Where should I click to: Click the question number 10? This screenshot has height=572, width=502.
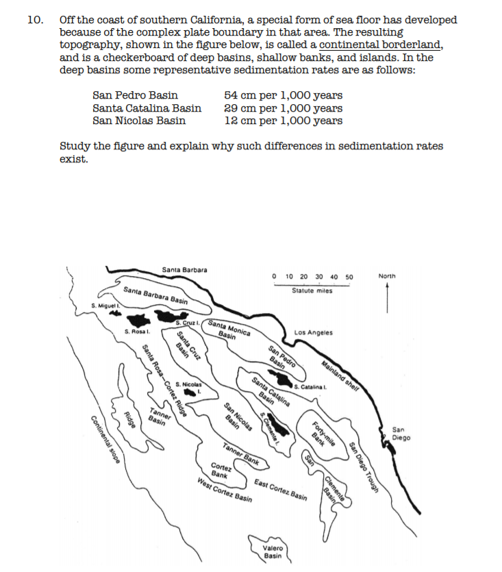[34, 20]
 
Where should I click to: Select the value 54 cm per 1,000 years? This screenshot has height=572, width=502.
[284, 95]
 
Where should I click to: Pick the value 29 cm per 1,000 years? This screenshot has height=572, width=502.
[284, 108]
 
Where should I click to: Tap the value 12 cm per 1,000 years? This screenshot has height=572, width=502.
[284, 121]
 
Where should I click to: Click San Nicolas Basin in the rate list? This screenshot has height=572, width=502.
[139, 121]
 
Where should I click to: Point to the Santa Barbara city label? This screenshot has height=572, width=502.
[185, 269]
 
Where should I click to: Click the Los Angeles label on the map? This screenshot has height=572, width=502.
[313, 333]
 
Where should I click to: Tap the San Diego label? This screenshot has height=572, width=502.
[401, 433]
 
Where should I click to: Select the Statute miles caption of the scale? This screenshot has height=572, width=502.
[312, 290]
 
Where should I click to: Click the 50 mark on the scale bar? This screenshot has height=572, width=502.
[349, 277]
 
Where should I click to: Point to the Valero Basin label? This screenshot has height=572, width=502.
[272, 551]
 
